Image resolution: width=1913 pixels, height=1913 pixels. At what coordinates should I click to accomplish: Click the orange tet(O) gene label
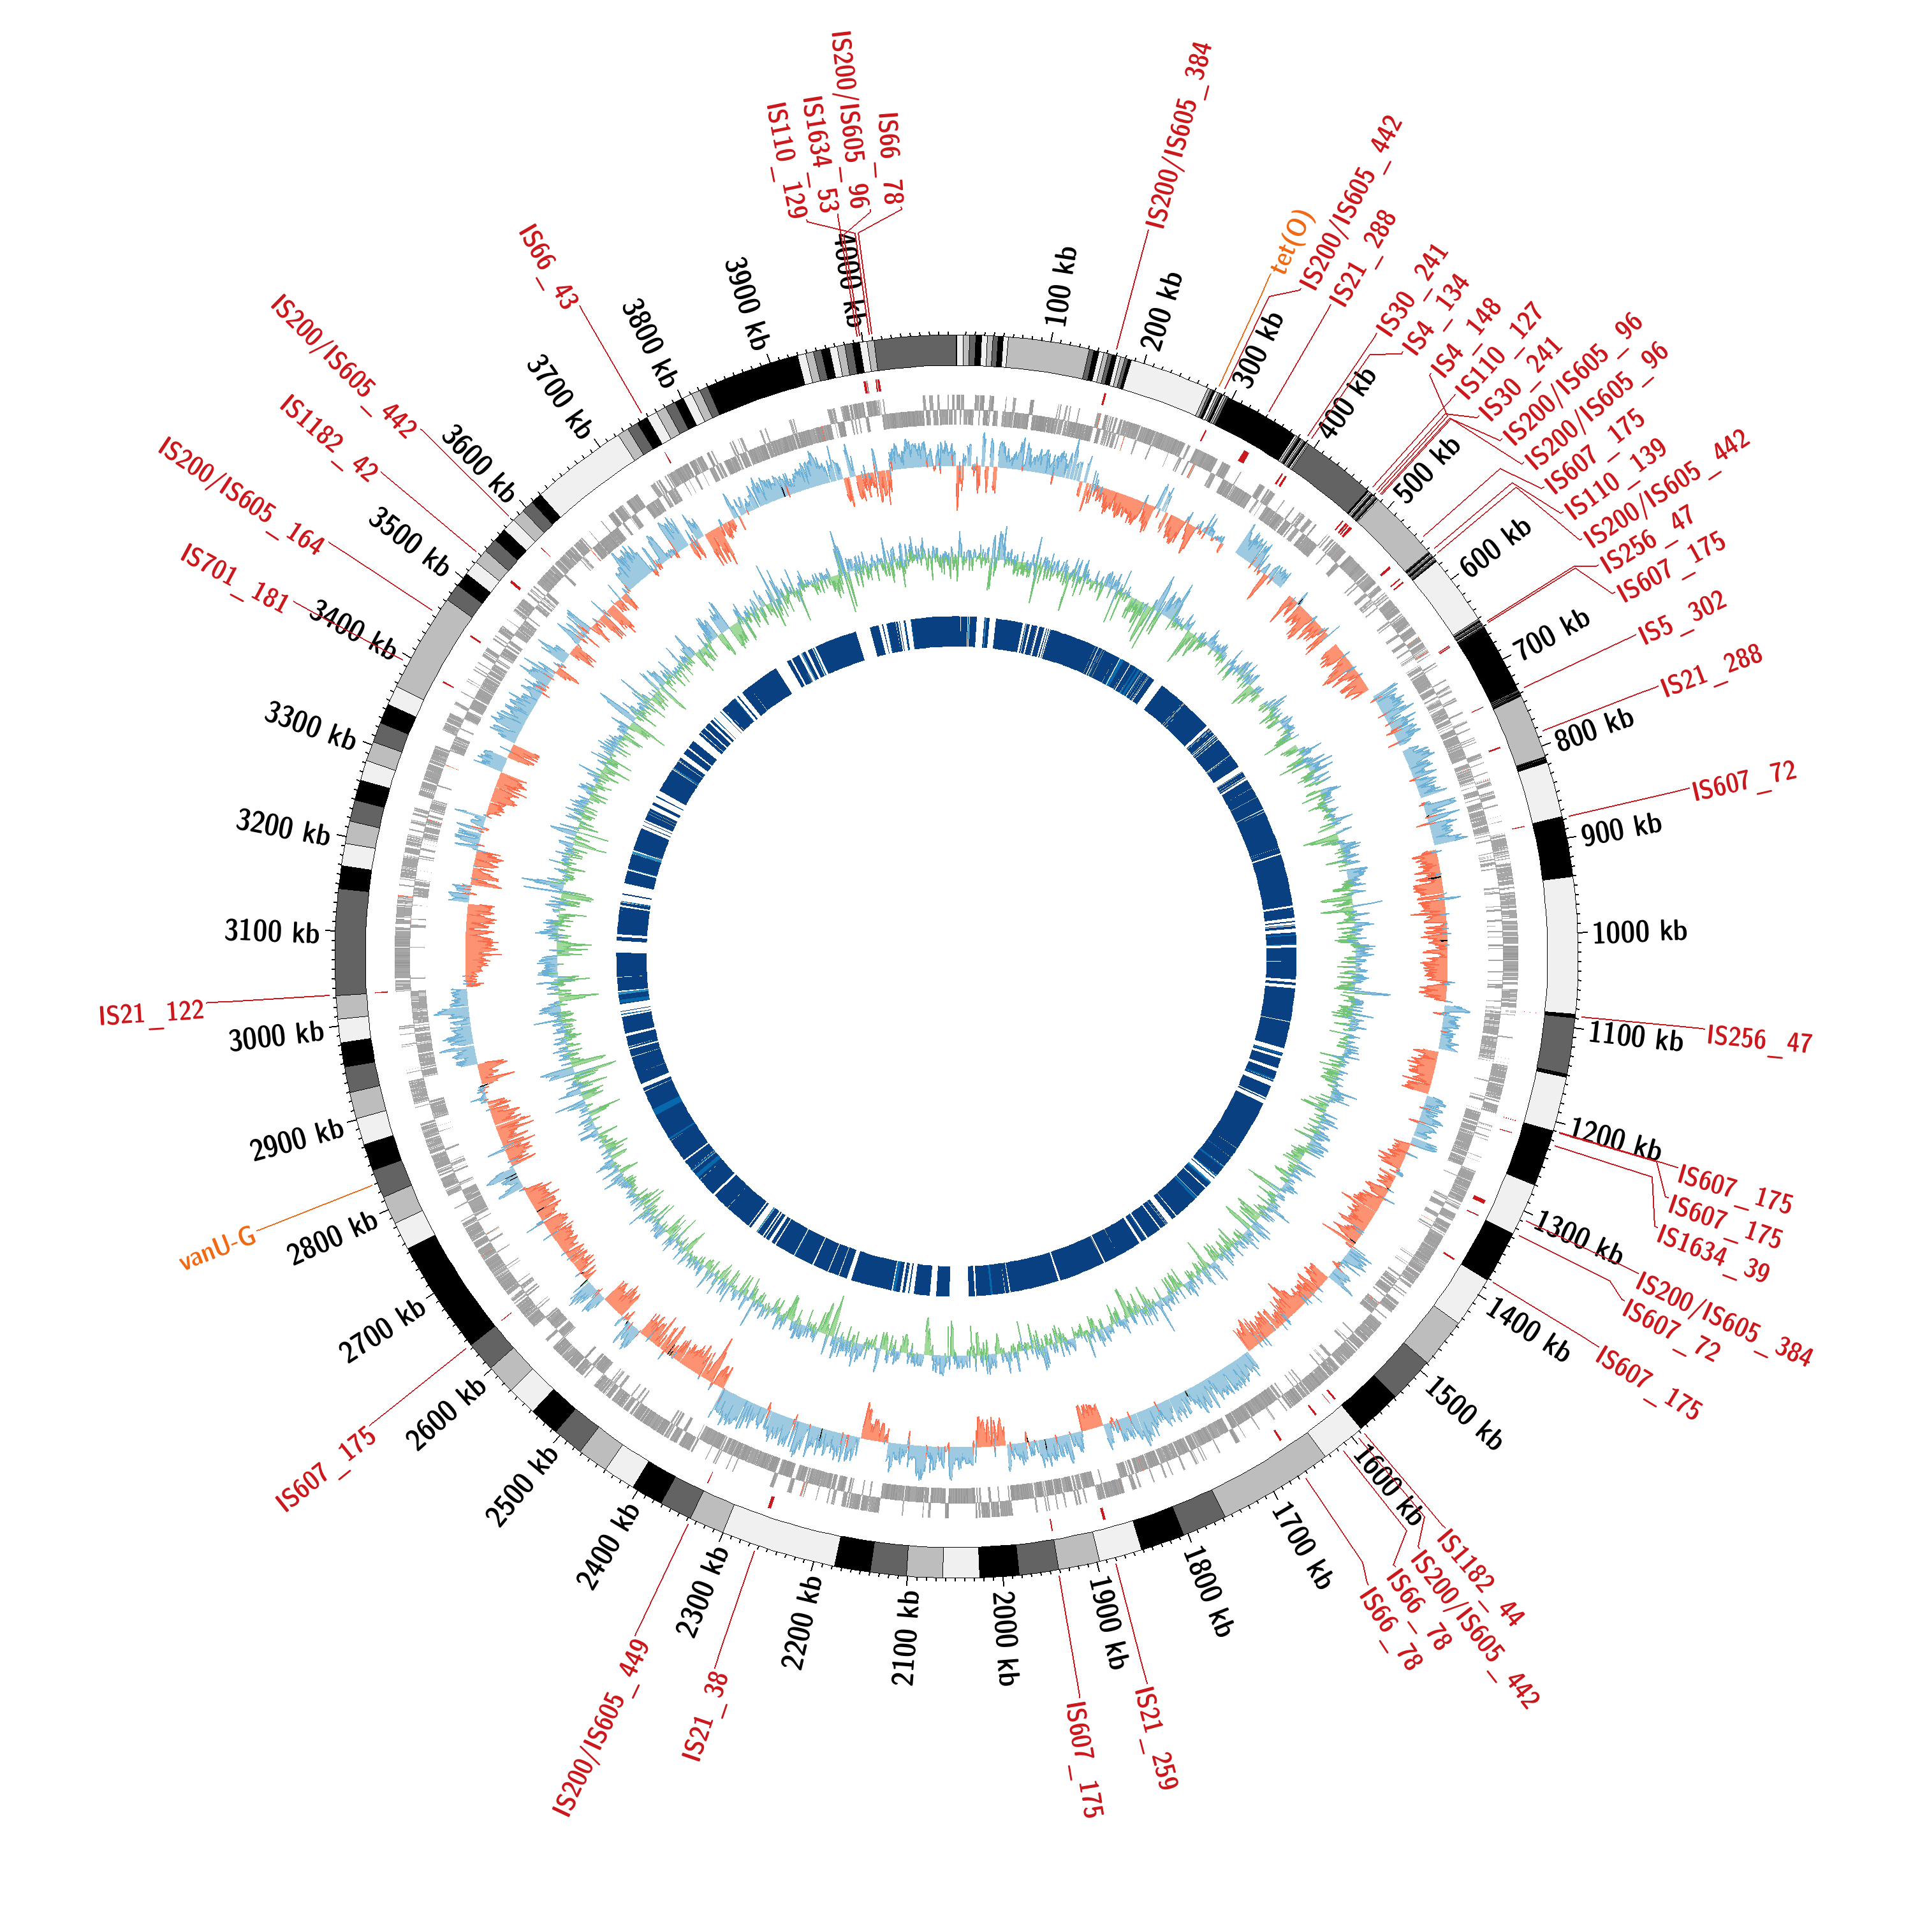pos(1292,242)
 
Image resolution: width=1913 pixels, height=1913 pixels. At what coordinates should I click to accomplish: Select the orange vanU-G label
pos(217,1248)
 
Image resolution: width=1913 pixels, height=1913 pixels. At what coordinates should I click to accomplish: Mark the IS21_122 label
pos(152,1013)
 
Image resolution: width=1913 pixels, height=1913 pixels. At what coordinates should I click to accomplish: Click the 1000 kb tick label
pos(1639,932)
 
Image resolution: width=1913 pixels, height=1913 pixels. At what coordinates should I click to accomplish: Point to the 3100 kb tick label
pos(272,931)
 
